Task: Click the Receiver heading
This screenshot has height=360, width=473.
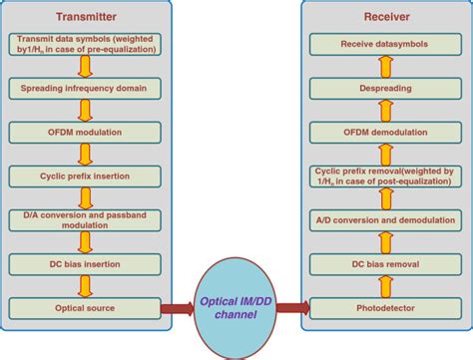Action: click(x=384, y=17)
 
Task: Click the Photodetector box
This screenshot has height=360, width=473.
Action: click(x=385, y=308)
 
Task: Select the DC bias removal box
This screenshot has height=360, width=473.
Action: click(x=385, y=264)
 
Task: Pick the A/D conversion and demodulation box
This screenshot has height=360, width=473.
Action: click(x=385, y=219)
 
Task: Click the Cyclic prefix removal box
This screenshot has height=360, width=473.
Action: click(x=385, y=176)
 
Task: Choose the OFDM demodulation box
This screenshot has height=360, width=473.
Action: click(x=385, y=133)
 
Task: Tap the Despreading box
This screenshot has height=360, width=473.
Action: click(x=385, y=89)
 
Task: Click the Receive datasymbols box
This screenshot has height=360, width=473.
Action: click(x=385, y=45)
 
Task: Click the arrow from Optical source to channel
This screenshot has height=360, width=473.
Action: click(x=178, y=308)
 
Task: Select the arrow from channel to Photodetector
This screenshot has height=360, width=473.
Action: click(x=288, y=308)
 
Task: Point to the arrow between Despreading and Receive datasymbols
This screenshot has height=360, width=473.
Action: click(x=385, y=67)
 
